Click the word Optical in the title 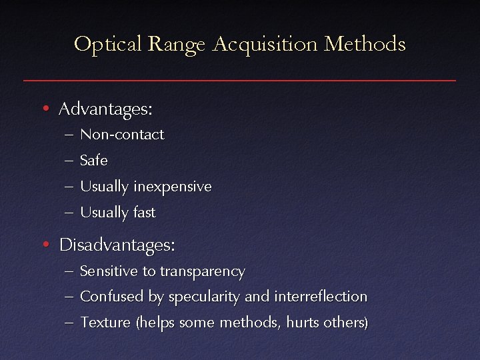(108, 44)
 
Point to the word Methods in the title (365, 44)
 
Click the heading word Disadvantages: (117, 245)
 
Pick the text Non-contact (122, 135)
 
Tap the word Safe (93, 161)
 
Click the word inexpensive (172, 187)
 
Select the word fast (144, 213)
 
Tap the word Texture (105, 323)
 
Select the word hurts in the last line (302, 323)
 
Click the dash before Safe (70, 161)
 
